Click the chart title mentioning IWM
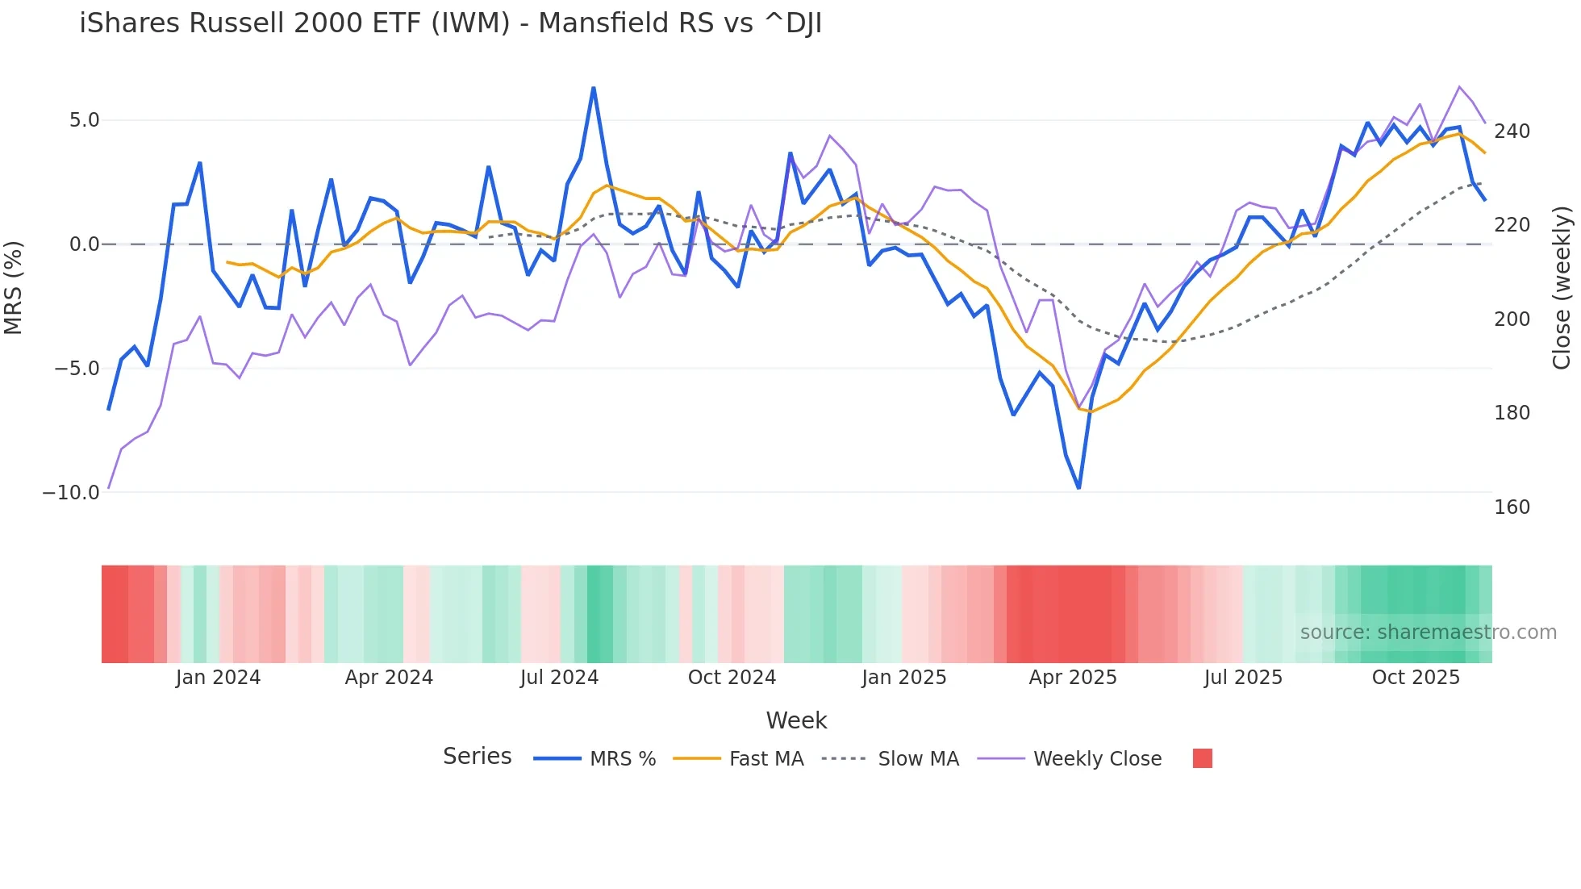450,23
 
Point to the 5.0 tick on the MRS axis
84,120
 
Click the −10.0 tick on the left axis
71,492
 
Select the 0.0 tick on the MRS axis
84,244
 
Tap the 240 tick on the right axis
1512,131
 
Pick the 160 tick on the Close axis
1512,507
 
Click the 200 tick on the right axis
1512,319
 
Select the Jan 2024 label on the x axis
218,678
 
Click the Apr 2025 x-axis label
1072,678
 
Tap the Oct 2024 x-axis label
732,678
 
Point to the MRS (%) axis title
14,288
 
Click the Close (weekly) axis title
1562,288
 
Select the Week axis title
796,720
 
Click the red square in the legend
1202,758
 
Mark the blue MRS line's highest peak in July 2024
594,88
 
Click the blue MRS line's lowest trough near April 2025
1078,487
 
